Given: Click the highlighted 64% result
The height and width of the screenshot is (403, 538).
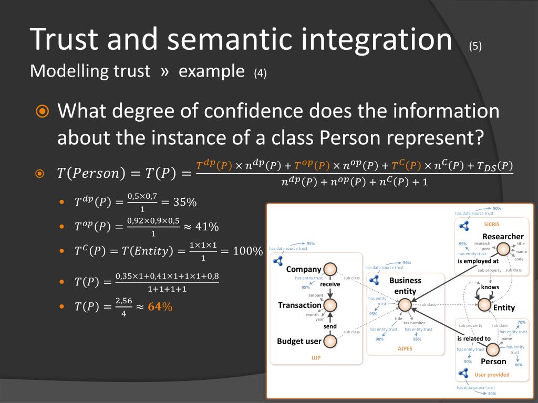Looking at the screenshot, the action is tap(160, 307).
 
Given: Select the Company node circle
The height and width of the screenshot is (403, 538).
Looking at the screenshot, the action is tap(330, 270).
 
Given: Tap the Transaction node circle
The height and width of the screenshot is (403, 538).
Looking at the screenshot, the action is tap(330, 305).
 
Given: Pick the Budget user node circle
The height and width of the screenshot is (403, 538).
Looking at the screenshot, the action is tap(330, 342).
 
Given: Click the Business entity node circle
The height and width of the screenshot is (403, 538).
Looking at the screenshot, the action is tap(405, 304).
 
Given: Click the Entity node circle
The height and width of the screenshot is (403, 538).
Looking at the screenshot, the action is tap(483, 305).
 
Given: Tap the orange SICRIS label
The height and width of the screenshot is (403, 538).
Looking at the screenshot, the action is tap(491, 224).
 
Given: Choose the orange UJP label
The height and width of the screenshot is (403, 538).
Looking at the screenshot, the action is tap(316, 358).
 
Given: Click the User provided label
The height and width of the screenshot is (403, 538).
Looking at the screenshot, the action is tap(492, 375).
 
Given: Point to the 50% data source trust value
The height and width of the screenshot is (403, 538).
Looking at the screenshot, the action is tap(492, 394).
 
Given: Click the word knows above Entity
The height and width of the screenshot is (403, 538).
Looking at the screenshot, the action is tap(490, 287).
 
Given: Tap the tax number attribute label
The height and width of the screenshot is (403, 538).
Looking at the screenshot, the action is tap(414, 323).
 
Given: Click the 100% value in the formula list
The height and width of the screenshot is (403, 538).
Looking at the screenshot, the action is tap(247, 251).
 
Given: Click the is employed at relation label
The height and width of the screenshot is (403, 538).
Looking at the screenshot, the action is tap(478, 261).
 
